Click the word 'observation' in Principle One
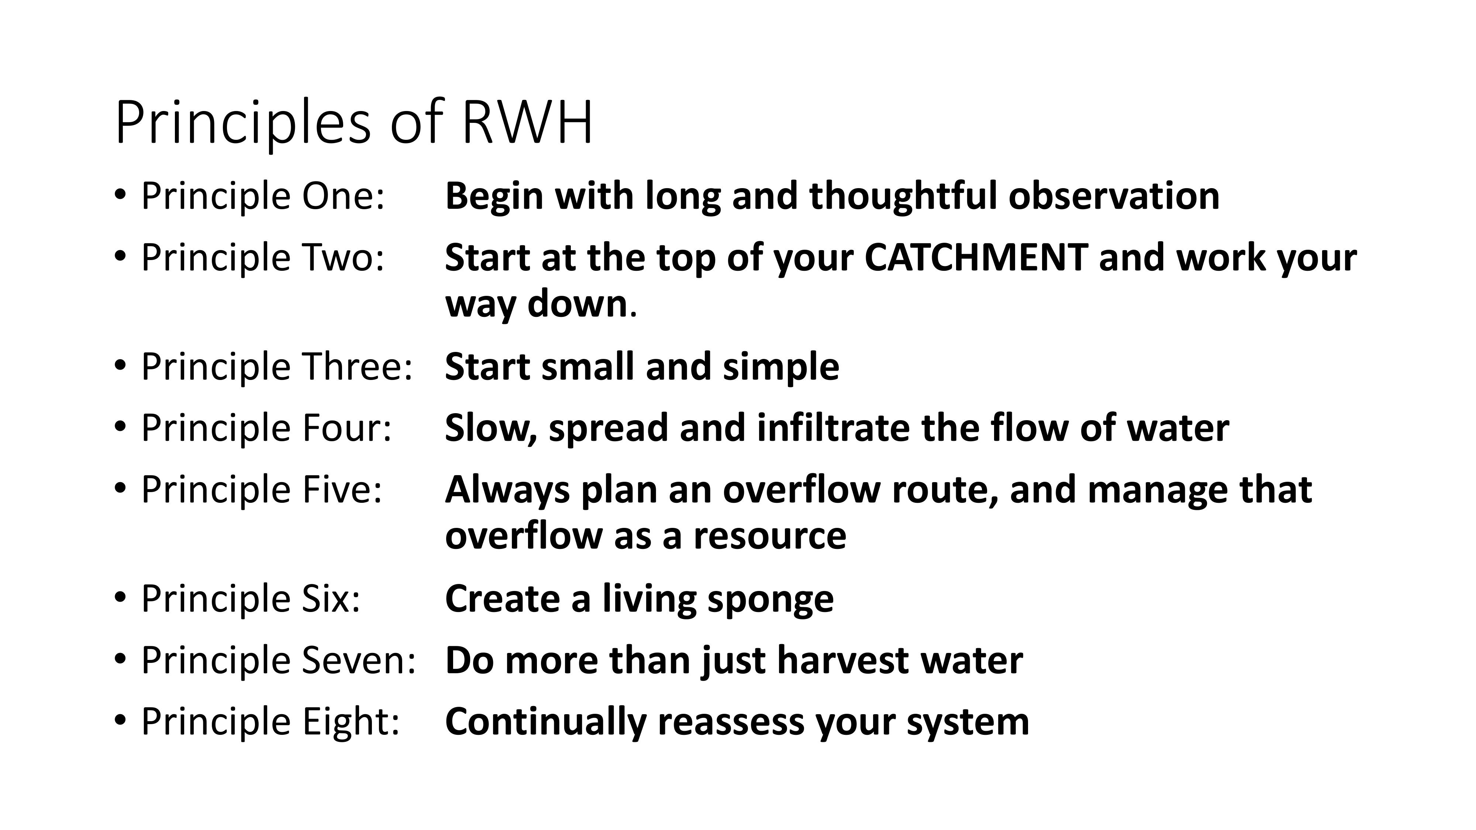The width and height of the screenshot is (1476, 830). [x=1114, y=196]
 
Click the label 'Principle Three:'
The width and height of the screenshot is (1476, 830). [x=277, y=367]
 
